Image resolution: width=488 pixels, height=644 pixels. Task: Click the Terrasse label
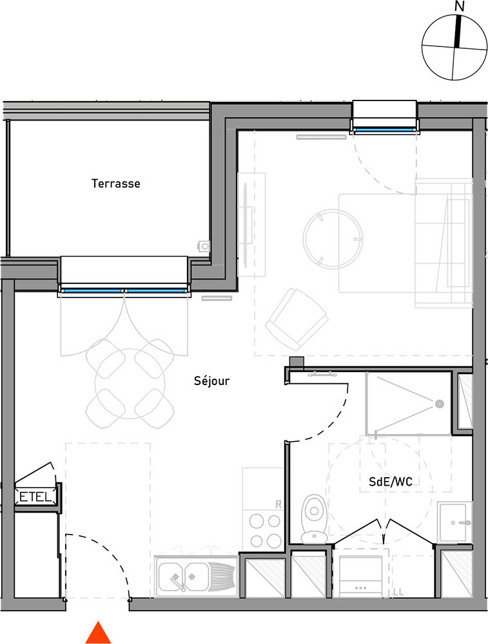click(115, 183)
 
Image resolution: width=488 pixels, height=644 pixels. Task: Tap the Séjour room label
click(211, 381)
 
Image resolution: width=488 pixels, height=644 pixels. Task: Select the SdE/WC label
click(390, 481)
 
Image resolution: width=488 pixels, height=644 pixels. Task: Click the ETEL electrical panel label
click(35, 497)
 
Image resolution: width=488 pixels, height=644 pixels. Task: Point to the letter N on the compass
click(460, 6)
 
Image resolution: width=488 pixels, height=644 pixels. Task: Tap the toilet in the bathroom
click(315, 519)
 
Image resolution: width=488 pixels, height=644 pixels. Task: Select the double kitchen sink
click(196, 576)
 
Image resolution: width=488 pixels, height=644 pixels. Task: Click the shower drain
click(440, 404)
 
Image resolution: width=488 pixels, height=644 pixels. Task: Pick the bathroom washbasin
click(454, 522)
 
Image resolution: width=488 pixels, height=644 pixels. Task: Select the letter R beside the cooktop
click(278, 504)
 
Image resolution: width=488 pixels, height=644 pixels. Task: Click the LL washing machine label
click(398, 592)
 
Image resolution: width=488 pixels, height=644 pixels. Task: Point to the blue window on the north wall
click(384, 130)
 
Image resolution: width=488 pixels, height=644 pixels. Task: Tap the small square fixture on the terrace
click(204, 246)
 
